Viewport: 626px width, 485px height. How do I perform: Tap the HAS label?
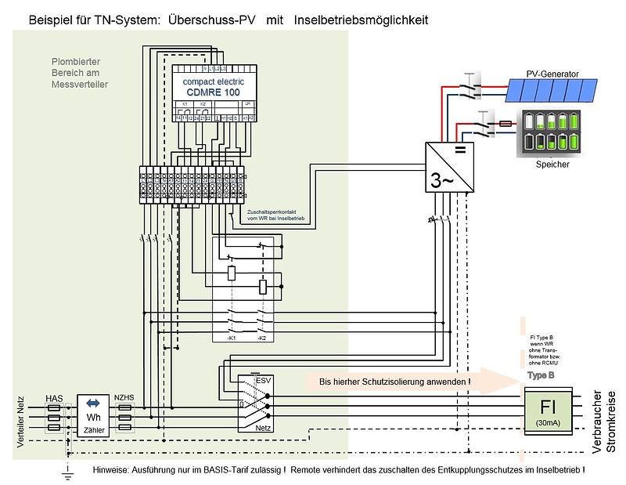click(55, 398)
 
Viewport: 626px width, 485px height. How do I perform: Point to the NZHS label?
click(124, 398)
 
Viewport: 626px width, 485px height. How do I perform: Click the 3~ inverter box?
click(448, 166)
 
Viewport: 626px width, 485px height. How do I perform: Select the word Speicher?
click(552, 165)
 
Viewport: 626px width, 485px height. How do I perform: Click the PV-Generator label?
click(552, 74)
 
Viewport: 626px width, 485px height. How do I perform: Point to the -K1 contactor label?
click(232, 338)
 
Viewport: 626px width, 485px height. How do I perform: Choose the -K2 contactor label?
click(261, 338)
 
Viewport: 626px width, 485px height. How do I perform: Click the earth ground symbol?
click(69, 471)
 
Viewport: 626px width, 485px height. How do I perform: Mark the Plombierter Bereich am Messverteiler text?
click(79, 71)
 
